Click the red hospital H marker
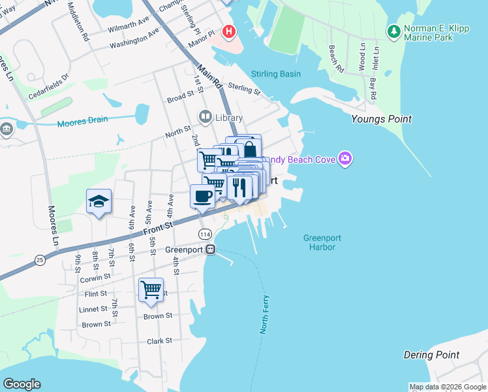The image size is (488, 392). click(228, 31)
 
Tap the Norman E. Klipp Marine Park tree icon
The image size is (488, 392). click(393, 31)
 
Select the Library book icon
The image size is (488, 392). click(206, 118)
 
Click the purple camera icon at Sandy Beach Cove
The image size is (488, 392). click(345, 158)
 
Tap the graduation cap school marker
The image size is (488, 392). click(99, 201)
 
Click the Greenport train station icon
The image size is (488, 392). click(210, 250)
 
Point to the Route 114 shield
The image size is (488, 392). click(206, 234)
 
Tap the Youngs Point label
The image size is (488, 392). click(381, 119)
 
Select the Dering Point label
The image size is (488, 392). click(431, 355)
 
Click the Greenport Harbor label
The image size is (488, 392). click(322, 242)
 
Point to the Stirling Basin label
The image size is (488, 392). click(276, 74)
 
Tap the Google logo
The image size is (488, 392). click(22, 384)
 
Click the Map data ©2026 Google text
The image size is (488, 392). click(447, 387)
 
